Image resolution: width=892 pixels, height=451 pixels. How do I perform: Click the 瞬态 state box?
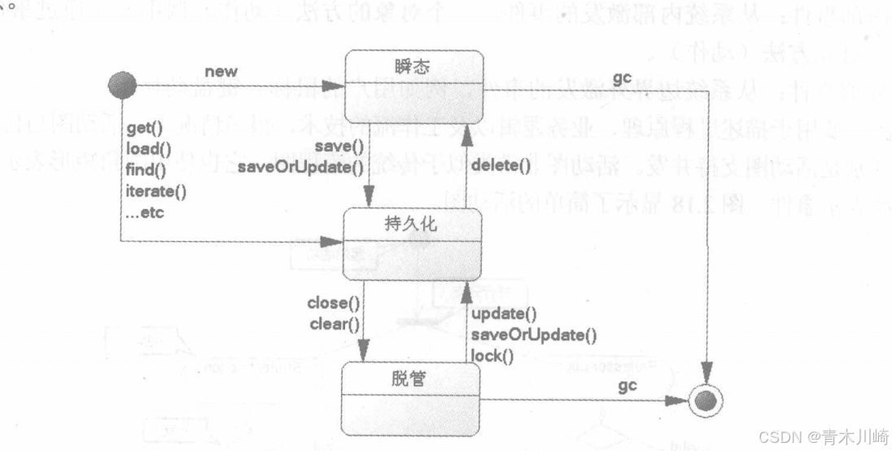[413, 85]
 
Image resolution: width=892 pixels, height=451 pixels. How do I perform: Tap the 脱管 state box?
[411, 398]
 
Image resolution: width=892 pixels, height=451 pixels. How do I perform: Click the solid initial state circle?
[122, 84]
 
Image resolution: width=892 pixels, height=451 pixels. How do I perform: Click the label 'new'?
[221, 72]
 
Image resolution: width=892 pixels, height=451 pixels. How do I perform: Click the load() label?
[146, 150]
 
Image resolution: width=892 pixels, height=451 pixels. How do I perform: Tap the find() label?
[146, 171]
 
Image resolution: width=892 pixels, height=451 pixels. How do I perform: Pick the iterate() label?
[156, 192]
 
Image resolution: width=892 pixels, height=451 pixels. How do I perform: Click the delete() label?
[501, 168]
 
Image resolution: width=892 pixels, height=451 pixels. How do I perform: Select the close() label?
[333, 304]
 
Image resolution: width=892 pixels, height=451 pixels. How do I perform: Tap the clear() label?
[333, 324]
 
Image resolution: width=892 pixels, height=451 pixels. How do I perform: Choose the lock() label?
[492, 355]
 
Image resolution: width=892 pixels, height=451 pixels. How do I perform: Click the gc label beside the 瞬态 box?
[621, 77]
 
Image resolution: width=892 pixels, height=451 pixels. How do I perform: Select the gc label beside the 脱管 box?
[626, 386]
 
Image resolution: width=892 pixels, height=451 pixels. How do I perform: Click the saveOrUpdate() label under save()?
[300, 168]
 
